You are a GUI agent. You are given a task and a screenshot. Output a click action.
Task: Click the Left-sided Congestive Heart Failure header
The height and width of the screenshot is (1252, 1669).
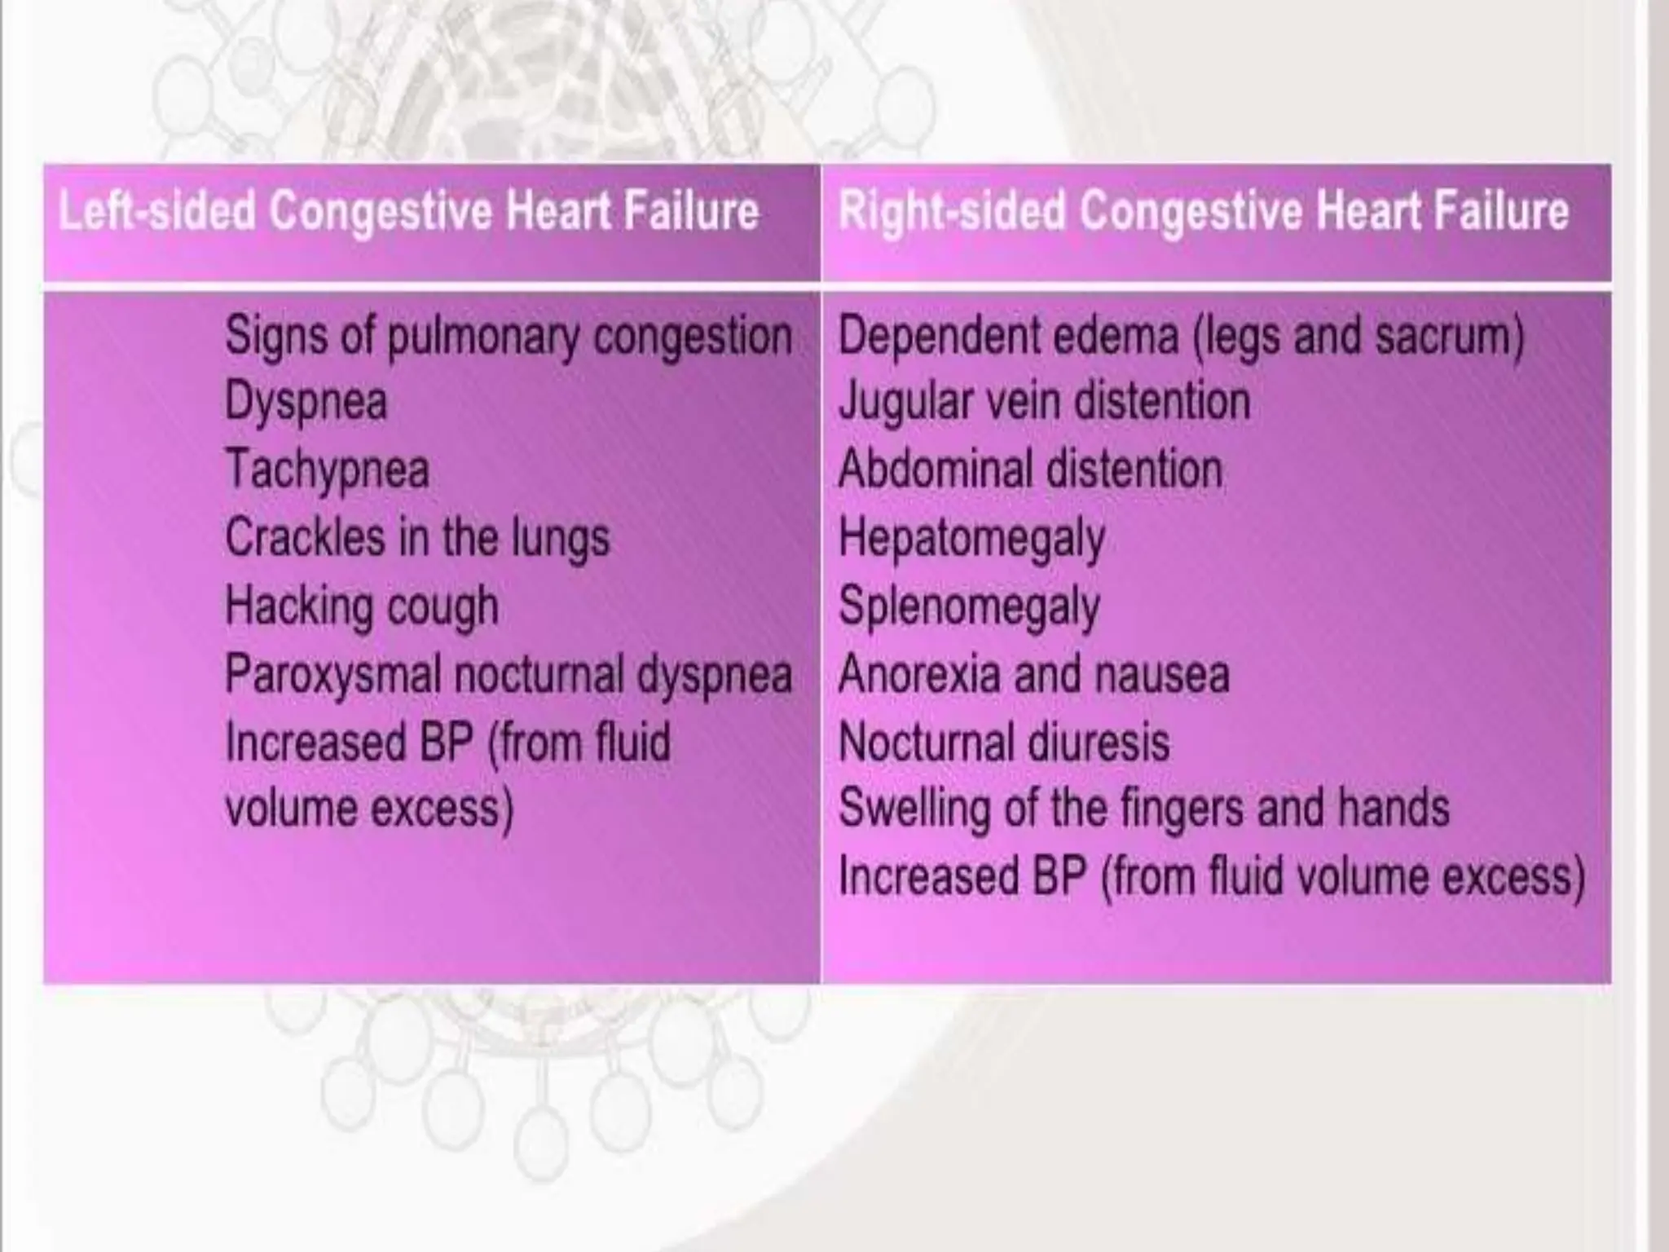click(x=408, y=212)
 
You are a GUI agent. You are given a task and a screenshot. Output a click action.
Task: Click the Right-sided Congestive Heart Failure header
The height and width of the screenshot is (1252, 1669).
click(x=1204, y=212)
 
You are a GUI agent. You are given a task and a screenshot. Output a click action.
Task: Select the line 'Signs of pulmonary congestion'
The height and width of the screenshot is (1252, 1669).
click(x=508, y=337)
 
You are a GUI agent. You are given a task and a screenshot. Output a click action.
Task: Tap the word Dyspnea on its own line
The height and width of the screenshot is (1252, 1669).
click(x=306, y=403)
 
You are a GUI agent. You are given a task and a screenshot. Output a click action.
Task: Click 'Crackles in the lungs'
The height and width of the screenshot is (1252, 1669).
click(x=417, y=539)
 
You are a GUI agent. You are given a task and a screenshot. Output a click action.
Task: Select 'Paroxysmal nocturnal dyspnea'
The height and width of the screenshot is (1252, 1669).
click(x=508, y=676)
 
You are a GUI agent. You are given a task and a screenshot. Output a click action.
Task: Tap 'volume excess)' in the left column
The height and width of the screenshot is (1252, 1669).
click(x=369, y=809)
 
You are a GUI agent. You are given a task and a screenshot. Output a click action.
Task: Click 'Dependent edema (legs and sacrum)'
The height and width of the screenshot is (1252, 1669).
click(x=1181, y=337)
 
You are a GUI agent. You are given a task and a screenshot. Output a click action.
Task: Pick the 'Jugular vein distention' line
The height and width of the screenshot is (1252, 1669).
click(x=1044, y=403)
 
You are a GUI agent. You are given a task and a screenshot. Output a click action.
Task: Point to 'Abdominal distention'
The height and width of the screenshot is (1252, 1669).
click(x=1030, y=470)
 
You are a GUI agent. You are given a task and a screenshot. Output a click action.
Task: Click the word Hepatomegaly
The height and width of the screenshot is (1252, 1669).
click(x=971, y=539)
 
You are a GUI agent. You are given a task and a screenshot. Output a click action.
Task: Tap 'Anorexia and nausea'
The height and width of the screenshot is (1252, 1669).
click(x=1033, y=675)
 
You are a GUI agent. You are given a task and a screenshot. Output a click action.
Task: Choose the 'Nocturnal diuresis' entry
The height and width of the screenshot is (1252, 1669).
click(x=1004, y=743)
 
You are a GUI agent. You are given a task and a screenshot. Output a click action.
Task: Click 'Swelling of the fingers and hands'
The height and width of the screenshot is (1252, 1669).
click(x=1144, y=809)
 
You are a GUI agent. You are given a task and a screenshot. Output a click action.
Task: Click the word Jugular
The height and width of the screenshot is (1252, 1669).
click(x=905, y=403)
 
